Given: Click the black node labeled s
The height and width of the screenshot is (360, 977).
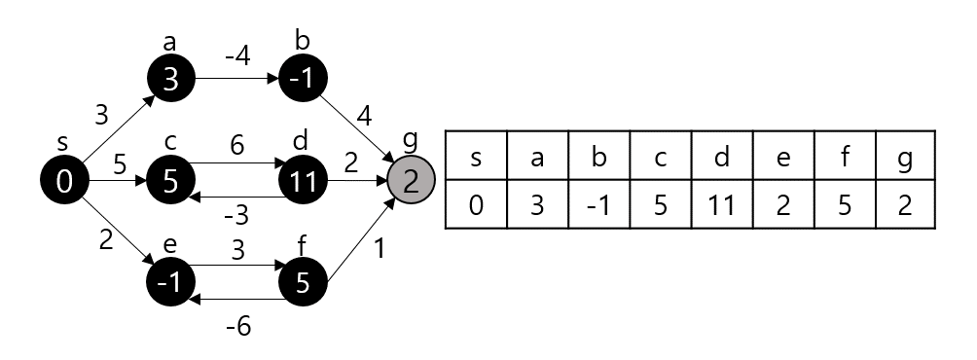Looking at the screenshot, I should point(65,180).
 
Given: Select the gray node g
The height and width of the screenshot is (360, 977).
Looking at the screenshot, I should point(411,181).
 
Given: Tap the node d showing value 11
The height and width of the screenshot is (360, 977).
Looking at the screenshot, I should point(304,181).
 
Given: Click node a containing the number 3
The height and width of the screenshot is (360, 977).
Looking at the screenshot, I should point(171,80).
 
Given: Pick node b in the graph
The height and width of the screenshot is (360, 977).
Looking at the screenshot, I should point(304,80).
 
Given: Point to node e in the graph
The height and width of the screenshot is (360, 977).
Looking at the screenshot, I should point(171,281).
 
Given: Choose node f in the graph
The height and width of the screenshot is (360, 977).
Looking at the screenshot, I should point(304,281).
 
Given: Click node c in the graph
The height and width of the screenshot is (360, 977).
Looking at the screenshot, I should point(171,181).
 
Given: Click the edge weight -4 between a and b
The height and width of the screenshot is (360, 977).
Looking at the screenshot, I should point(236,56).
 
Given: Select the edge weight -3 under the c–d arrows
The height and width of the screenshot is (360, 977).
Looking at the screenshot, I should point(236,213).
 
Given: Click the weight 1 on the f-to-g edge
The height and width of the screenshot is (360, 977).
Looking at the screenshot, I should point(380,249).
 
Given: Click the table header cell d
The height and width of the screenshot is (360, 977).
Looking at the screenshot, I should point(721,158).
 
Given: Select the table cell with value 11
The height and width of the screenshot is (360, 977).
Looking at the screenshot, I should point(721,205).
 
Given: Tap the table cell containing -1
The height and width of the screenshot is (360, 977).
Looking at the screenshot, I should point(598,205).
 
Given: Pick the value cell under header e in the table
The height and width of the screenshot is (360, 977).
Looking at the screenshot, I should point(782,205).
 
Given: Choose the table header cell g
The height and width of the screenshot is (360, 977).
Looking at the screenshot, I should point(905,158).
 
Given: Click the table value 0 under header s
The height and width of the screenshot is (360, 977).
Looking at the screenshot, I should point(476,205).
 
